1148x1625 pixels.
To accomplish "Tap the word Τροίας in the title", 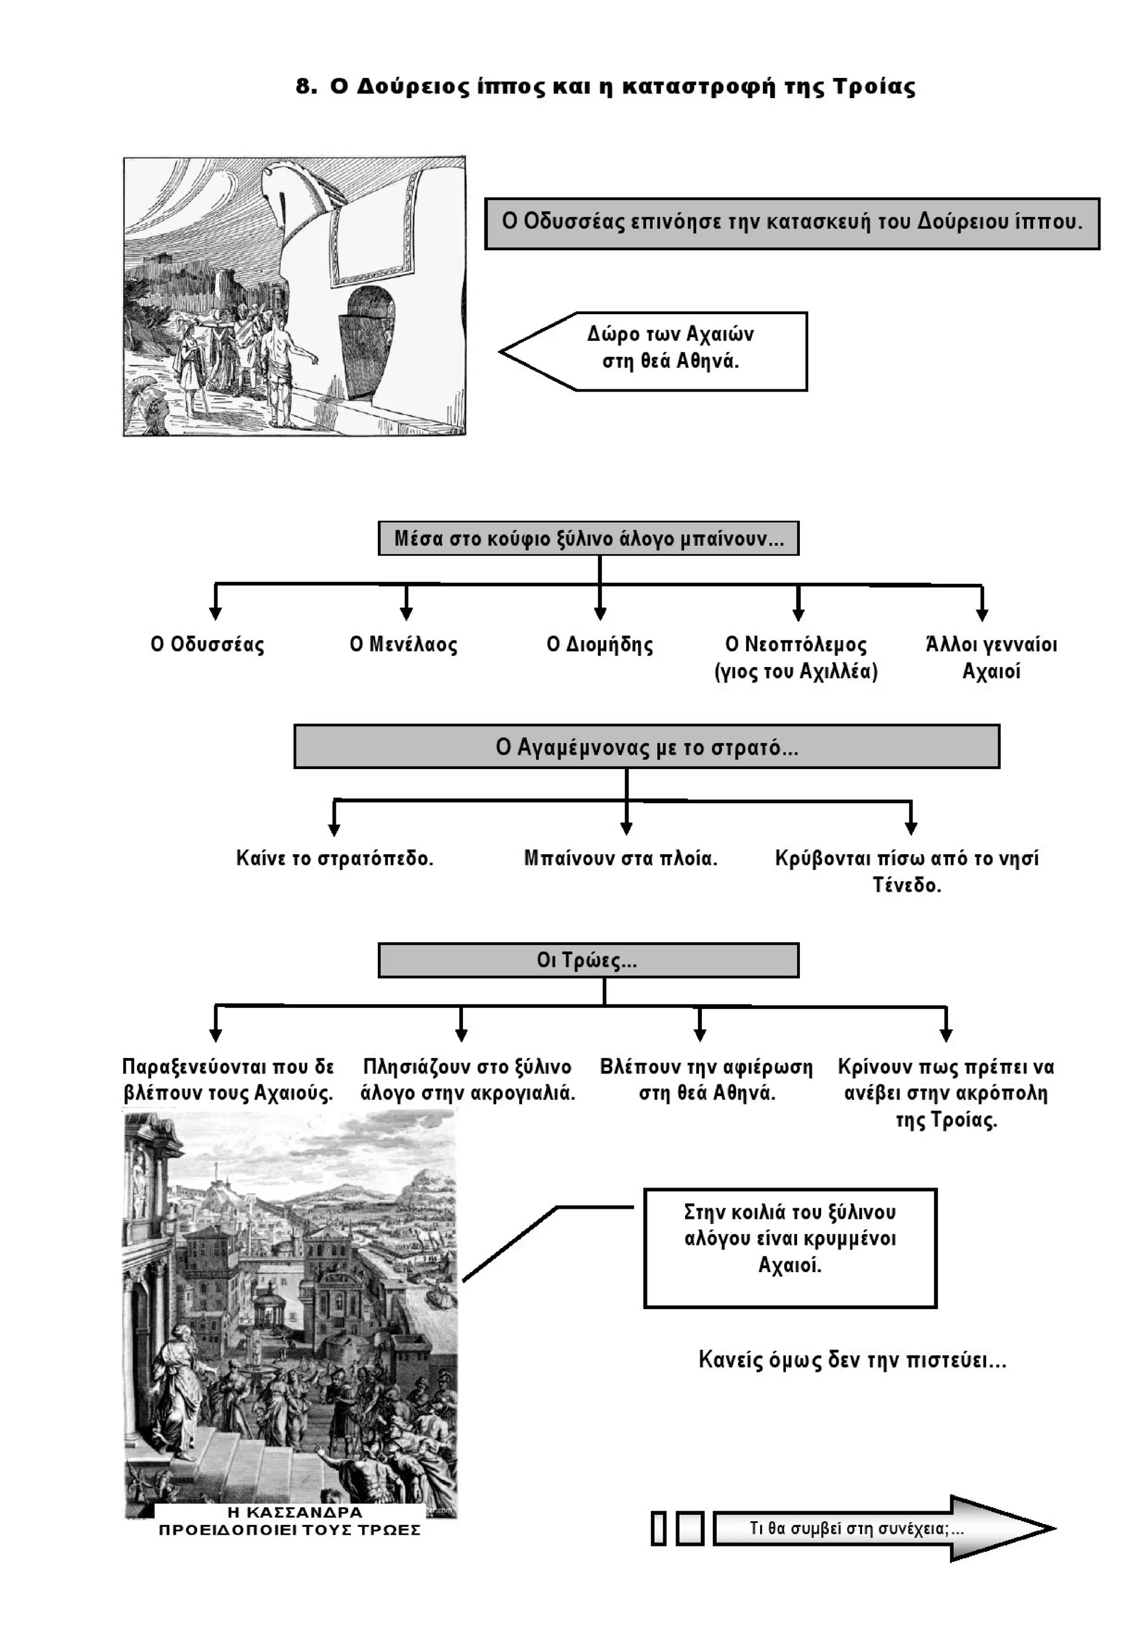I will click(873, 87).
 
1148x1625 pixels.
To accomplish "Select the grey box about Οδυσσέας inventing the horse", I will click(791, 223).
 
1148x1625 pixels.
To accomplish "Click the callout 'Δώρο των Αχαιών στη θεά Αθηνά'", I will click(670, 348).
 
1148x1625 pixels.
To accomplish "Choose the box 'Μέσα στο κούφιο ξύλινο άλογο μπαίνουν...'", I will click(588, 538).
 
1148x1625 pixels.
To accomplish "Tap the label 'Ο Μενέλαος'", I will click(403, 645).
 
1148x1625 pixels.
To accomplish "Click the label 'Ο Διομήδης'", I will click(600, 645).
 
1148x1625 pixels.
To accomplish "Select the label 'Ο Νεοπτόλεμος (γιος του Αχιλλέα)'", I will click(796, 657).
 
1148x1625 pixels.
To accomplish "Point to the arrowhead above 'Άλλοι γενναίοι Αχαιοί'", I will click(982, 614).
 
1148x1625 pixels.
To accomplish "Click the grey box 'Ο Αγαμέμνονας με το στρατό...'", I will click(646, 747).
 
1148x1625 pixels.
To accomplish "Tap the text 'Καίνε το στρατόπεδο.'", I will click(335, 859).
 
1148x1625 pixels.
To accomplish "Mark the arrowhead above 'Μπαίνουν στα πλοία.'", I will click(626, 827).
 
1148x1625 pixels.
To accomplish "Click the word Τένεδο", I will click(907, 885).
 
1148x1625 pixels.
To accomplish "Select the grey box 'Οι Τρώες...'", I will click(588, 960).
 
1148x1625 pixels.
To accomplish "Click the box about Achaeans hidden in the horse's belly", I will click(790, 1247).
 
